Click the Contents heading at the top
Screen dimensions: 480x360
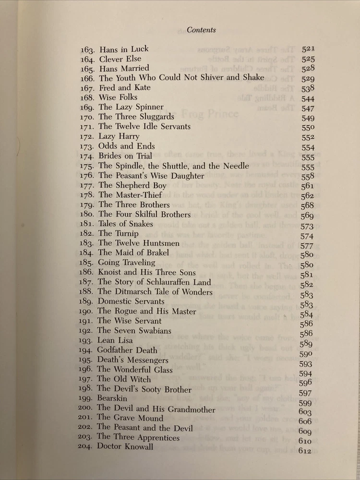coord(201,30)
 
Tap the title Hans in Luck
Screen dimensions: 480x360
coord(124,49)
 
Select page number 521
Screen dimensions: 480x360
coord(307,49)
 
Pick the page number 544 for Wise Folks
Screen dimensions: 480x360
coord(308,99)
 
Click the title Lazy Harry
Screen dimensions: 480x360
coord(119,136)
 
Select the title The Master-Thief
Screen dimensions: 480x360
coord(130,195)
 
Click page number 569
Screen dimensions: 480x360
coord(307,216)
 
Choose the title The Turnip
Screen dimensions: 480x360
coord(118,234)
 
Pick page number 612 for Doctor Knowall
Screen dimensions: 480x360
coord(305,451)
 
